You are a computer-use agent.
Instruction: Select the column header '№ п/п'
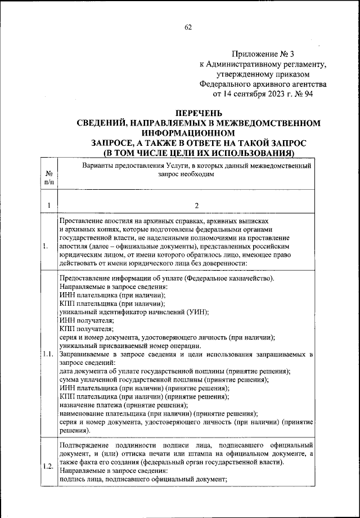[49, 178]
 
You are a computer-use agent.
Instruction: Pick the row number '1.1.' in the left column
[48, 354]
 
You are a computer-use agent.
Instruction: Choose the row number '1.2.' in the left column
[48, 466]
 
